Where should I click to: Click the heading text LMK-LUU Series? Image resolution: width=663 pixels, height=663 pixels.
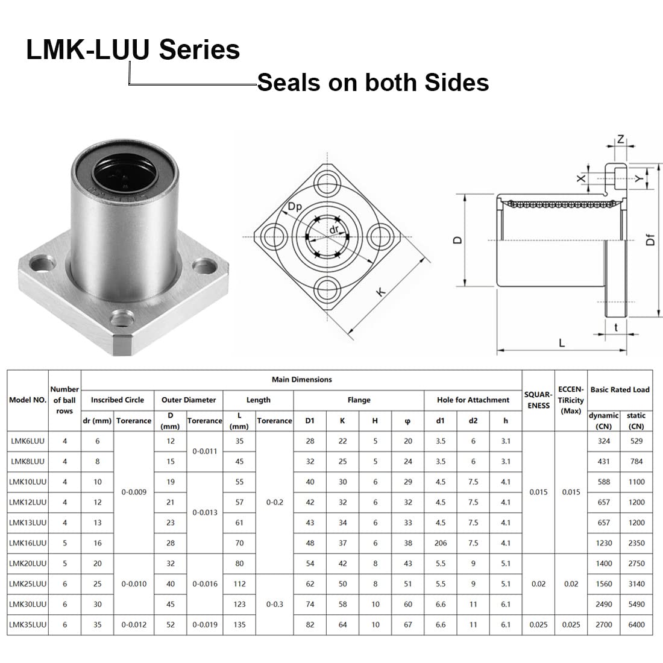click(x=133, y=49)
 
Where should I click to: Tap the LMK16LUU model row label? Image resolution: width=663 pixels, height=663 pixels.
click(x=28, y=543)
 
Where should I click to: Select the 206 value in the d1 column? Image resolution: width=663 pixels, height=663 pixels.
click(x=441, y=543)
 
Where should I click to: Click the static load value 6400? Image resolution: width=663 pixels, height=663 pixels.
click(x=636, y=624)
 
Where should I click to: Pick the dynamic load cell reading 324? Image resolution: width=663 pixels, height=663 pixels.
click(x=603, y=441)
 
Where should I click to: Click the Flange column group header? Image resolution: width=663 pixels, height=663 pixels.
click(x=359, y=400)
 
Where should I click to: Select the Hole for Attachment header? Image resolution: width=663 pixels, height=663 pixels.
click(x=473, y=400)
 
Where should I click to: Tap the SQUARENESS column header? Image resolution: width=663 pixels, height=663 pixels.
click(x=538, y=400)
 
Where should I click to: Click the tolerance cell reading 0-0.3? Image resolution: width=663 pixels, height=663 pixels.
click(x=275, y=604)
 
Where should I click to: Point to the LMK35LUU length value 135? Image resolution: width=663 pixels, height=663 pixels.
click(x=239, y=624)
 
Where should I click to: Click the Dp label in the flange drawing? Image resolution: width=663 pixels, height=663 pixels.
click(x=295, y=206)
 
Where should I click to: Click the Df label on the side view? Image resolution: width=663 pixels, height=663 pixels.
click(x=650, y=240)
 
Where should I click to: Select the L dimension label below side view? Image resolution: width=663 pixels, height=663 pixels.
click(x=562, y=343)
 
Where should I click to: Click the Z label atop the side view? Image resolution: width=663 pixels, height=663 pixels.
click(x=621, y=139)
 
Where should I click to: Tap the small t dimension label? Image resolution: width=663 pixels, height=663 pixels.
click(x=615, y=327)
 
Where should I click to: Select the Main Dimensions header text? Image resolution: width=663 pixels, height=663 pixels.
click(x=301, y=379)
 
